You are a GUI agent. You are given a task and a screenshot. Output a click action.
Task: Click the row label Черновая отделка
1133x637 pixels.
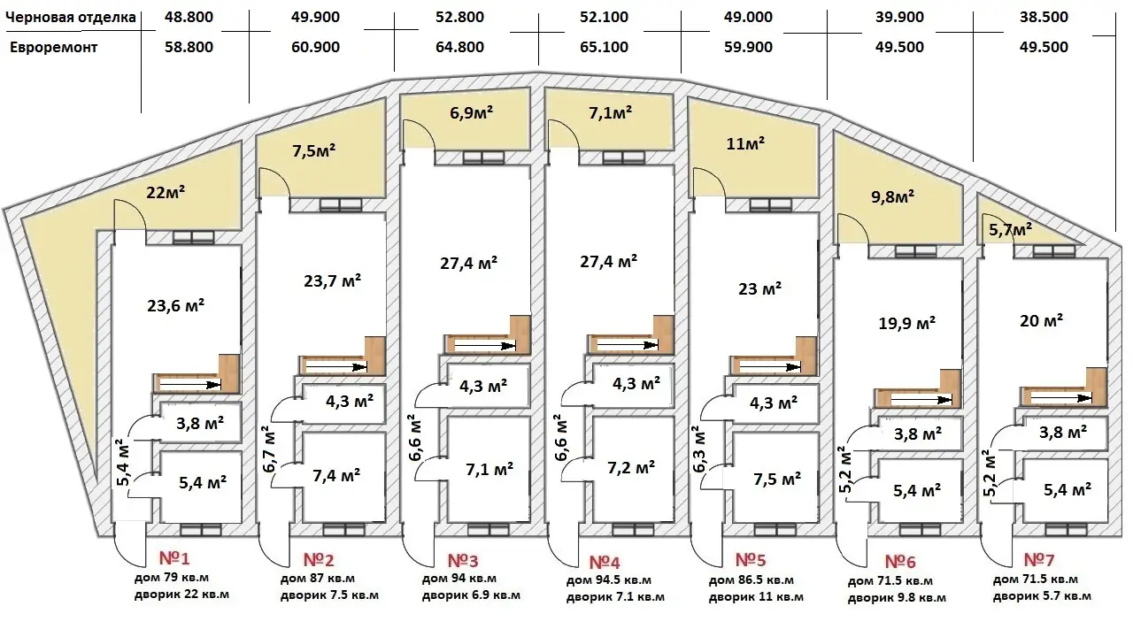click(71, 17)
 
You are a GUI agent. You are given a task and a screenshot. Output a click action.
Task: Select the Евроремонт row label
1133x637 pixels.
click(54, 48)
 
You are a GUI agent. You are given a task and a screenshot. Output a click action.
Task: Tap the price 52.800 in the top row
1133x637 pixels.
click(459, 17)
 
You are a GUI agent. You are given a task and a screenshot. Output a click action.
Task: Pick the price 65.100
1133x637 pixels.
click(604, 47)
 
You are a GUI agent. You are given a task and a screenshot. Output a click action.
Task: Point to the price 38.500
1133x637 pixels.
click(1044, 17)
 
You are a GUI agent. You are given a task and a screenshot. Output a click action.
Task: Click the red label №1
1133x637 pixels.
click(174, 558)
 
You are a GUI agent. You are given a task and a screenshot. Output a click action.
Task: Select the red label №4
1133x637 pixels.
click(605, 562)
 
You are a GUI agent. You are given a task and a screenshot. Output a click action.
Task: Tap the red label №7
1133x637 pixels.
click(1039, 560)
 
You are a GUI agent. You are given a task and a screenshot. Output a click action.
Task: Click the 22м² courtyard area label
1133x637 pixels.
click(166, 192)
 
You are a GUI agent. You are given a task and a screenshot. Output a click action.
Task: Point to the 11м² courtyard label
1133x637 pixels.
click(745, 143)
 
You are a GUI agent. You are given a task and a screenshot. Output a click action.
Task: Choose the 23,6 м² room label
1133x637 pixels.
click(175, 305)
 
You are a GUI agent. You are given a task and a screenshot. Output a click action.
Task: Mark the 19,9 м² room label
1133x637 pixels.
click(906, 323)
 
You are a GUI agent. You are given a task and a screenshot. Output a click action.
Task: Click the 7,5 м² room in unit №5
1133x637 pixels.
click(777, 479)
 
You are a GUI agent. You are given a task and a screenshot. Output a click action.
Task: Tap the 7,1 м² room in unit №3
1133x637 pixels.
click(489, 469)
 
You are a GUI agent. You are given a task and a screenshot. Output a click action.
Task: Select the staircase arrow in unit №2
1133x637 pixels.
click(336, 367)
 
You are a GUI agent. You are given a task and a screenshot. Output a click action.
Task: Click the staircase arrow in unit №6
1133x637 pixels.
click(921, 400)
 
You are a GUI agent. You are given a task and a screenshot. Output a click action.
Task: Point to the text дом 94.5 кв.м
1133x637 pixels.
click(608, 580)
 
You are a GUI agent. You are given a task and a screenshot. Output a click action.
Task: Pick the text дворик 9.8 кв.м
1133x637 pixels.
click(897, 598)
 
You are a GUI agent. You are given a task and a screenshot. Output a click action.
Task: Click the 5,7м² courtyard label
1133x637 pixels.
click(1010, 230)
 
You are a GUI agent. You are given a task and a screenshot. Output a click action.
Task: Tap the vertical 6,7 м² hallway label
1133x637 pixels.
click(268, 449)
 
